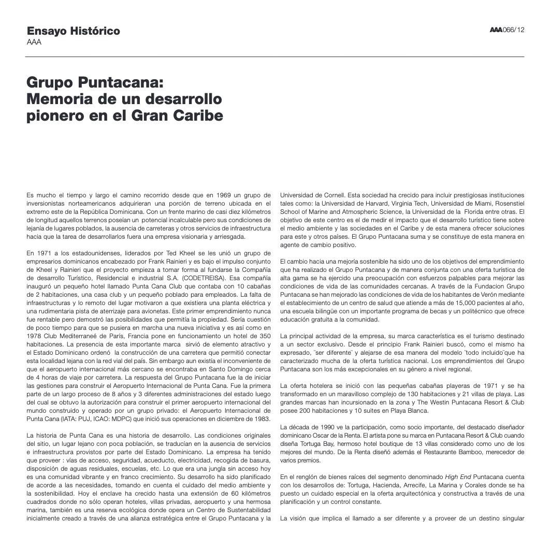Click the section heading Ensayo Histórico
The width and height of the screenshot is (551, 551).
coord(73,31)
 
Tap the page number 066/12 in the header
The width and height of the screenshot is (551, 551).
coord(514,30)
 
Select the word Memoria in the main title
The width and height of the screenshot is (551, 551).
coord(59,99)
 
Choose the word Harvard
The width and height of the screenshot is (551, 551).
coord(372,204)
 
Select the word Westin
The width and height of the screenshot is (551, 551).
coord(439,402)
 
